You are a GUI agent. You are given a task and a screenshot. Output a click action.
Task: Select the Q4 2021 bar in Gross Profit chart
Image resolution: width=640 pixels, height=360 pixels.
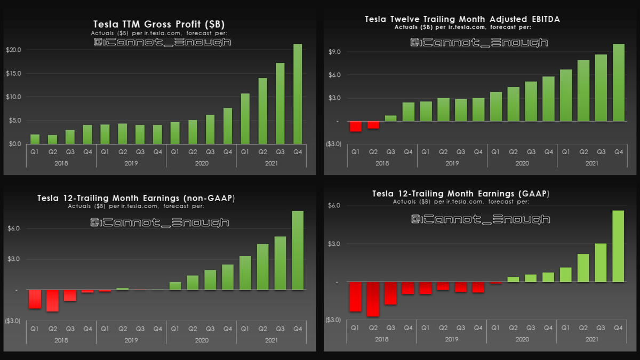[x=298, y=94]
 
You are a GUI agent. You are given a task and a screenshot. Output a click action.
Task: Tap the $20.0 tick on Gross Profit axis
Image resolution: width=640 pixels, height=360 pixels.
[x=13, y=50]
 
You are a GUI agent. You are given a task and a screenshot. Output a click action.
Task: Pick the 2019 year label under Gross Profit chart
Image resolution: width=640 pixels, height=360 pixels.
[x=131, y=163]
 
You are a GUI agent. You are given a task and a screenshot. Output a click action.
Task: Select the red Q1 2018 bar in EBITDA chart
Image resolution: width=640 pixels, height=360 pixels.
[x=356, y=126]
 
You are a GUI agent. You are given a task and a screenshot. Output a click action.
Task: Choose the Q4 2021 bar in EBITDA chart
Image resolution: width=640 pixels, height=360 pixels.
[x=619, y=83]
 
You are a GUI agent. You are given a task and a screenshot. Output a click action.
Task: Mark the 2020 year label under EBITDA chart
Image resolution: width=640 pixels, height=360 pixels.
[x=522, y=163]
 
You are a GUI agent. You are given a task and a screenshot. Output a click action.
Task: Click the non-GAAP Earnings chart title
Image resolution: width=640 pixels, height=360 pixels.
[x=136, y=198]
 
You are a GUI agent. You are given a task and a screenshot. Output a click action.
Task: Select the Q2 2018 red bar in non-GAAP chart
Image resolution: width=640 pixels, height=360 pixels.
[x=52, y=301]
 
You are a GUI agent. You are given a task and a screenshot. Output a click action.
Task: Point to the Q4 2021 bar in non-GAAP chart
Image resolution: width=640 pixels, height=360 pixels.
[x=298, y=251]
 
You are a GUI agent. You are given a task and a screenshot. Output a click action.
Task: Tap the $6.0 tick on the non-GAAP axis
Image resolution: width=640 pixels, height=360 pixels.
[x=13, y=229]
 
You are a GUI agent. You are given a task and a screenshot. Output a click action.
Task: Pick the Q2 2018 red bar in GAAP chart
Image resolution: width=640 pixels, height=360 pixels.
[x=373, y=299]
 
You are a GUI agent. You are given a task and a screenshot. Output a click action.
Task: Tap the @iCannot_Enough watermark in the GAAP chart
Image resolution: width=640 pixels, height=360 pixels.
[x=481, y=219]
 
